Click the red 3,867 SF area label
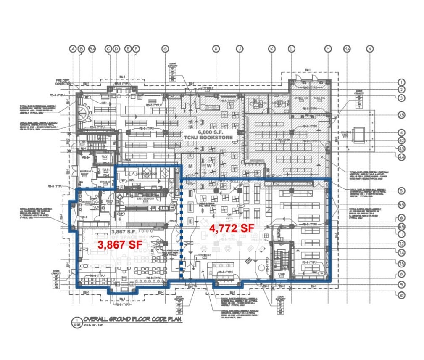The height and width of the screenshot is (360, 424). [x=119, y=244]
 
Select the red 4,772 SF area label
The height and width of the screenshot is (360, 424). [x=232, y=228]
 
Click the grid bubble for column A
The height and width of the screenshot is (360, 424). [x=73, y=49]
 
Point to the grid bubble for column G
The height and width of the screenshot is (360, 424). [x=165, y=49]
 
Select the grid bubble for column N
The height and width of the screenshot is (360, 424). [x=369, y=49]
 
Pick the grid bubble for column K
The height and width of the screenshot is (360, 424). [x=271, y=49]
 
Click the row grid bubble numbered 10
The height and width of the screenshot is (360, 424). [x=401, y=296]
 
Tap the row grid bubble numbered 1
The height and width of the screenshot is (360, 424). [x=401, y=82]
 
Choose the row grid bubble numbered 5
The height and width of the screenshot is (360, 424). [x=401, y=191]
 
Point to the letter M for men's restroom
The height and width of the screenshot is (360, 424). [x=190, y=166]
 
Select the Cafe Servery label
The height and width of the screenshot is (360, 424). [x=145, y=199]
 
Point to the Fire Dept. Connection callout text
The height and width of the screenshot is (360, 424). [x=63, y=82]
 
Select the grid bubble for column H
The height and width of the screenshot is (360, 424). [x=216, y=49]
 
